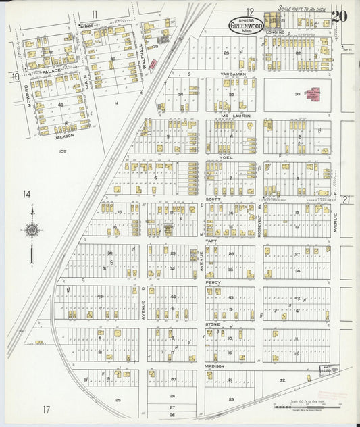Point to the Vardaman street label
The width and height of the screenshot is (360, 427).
(x=230, y=73)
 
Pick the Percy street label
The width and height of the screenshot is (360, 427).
(x=214, y=282)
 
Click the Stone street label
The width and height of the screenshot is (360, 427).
(x=213, y=324)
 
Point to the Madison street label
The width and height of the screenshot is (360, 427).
(x=215, y=366)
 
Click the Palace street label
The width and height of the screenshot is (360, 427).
(x=52, y=70)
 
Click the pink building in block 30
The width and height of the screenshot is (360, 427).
(x=314, y=94)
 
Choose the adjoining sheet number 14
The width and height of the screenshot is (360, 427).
(x=26, y=195)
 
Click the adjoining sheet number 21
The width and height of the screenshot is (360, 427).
(x=346, y=200)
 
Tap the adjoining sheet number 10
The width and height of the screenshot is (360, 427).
(x=14, y=76)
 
